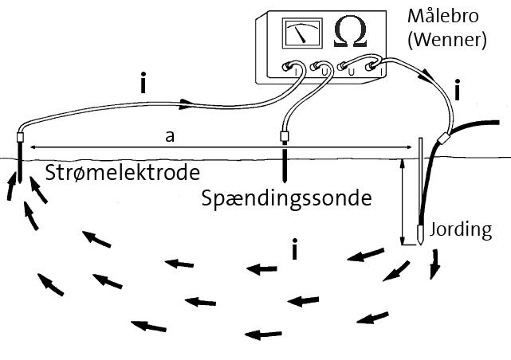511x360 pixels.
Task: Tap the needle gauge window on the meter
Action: (x=300, y=34)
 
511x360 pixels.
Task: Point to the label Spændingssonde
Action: (x=287, y=198)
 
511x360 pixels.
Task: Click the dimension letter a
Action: (x=169, y=137)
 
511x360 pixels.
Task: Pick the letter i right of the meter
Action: (x=457, y=91)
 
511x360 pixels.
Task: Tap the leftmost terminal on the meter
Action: (x=293, y=70)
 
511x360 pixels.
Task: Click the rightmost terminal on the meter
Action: (x=371, y=69)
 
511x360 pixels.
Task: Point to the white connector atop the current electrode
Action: (x=21, y=137)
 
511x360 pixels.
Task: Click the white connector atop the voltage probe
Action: (x=284, y=135)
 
